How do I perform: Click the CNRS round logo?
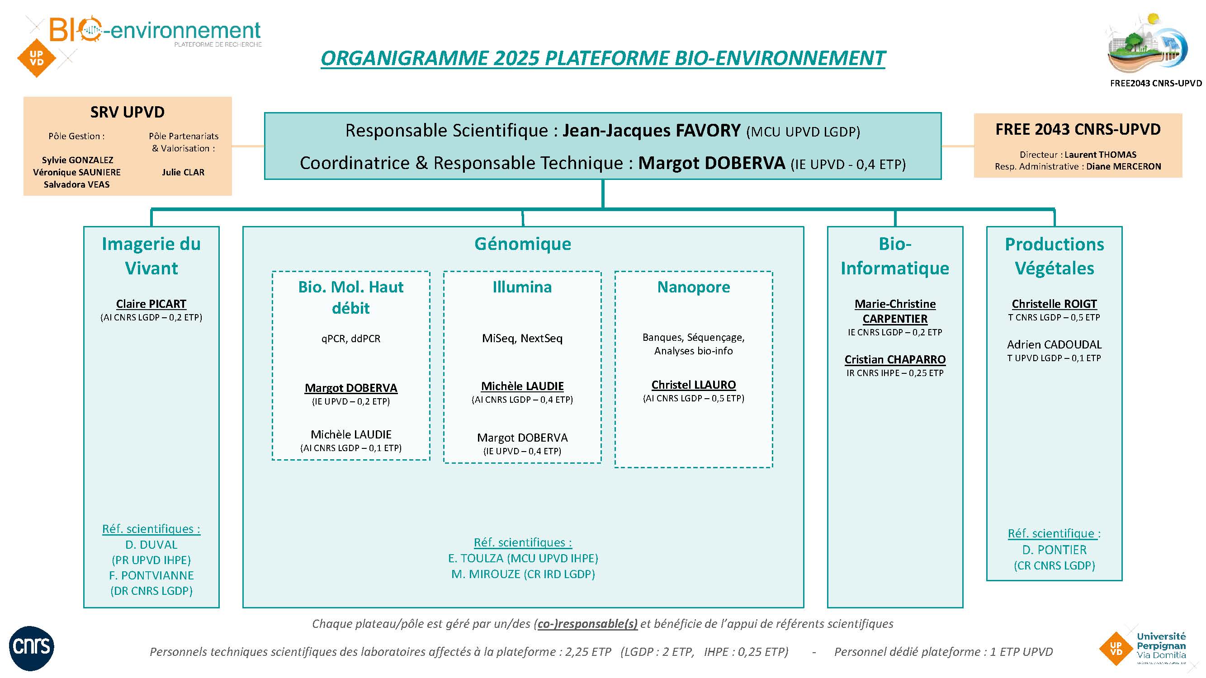[x=31, y=648]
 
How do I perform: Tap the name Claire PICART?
[x=151, y=304]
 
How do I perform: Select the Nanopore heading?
[x=693, y=287]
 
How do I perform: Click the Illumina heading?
[x=522, y=287]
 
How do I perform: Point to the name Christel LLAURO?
[x=693, y=385]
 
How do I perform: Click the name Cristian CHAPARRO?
[x=895, y=359]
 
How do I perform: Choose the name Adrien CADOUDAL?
[x=1054, y=344]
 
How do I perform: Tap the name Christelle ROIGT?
[x=1054, y=304]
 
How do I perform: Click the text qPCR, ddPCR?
[x=350, y=338]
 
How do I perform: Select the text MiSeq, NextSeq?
[x=522, y=338]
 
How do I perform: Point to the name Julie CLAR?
[x=183, y=172]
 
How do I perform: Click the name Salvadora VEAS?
[x=77, y=184]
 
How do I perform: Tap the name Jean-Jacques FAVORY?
[x=651, y=131]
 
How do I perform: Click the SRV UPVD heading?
[x=128, y=112]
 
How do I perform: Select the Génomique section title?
[x=522, y=244]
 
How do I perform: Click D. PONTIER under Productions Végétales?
[x=1054, y=550]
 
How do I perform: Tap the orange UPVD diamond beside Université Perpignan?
[x=1116, y=649]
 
